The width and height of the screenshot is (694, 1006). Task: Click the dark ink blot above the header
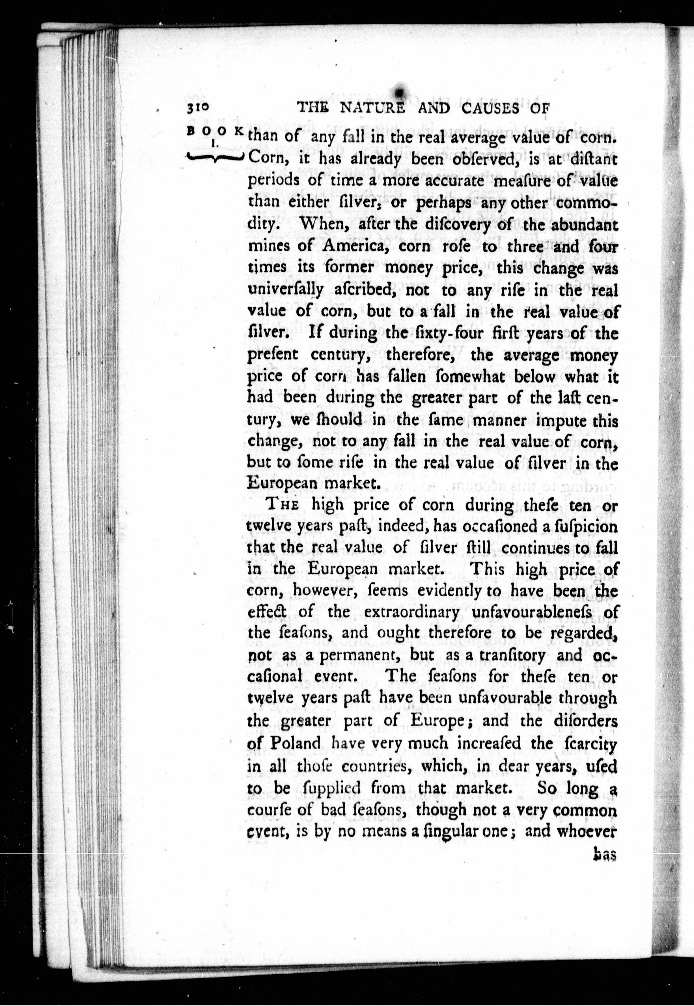[x=398, y=89]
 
